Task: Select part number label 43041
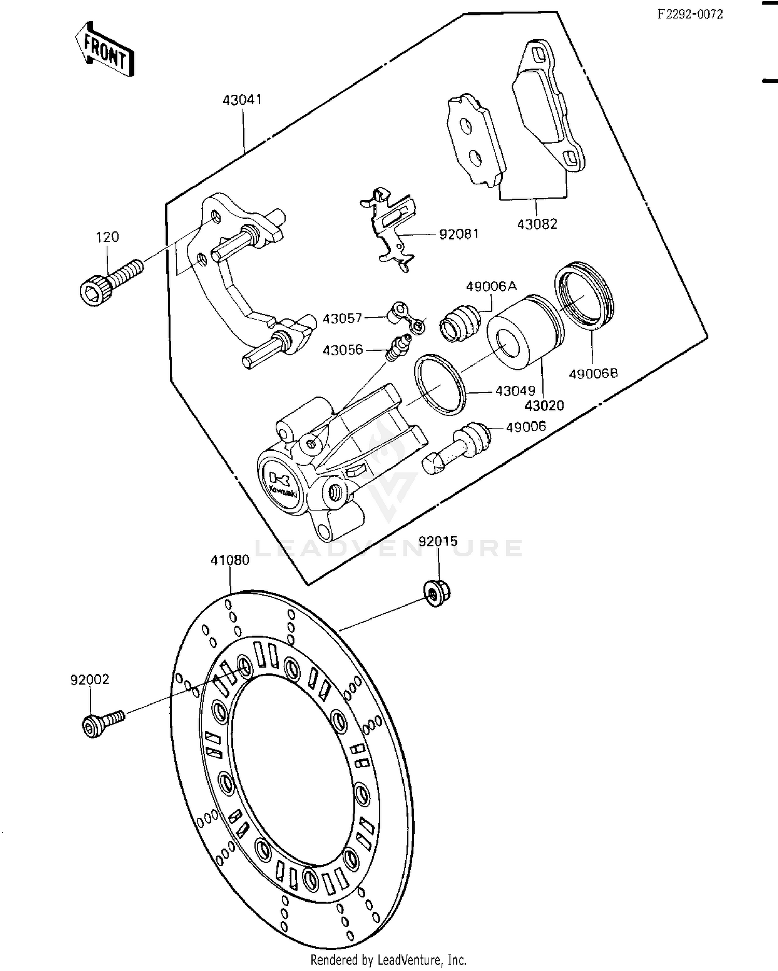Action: tap(242, 100)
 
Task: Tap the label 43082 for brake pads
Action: tap(537, 224)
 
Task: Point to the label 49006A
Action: tap(491, 286)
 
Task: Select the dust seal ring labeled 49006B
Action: tap(584, 295)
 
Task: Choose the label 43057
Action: tap(342, 318)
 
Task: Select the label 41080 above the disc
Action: tap(230, 560)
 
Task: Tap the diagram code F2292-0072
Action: tap(690, 15)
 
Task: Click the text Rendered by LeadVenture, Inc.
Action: tap(388, 960)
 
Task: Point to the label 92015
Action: tap(438, 541)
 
